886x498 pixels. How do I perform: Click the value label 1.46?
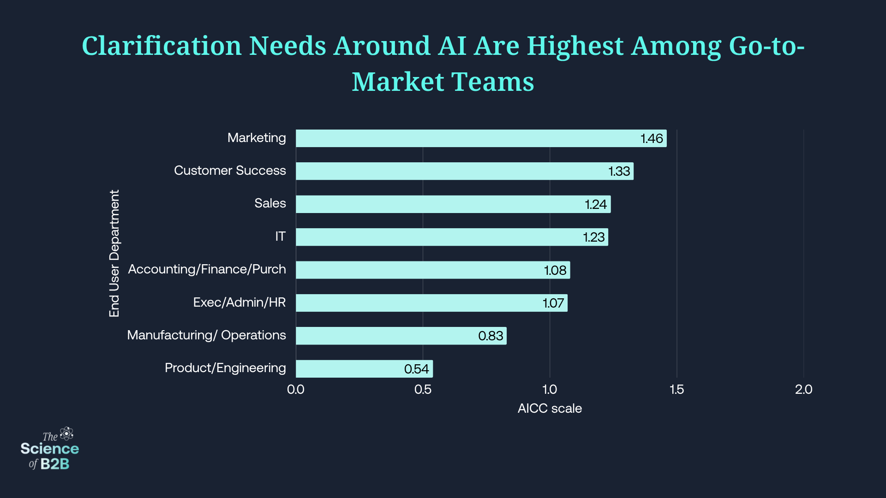tap(652, 138)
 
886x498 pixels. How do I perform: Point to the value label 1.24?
tap(596, 204)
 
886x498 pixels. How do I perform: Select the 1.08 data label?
tap(555, 270)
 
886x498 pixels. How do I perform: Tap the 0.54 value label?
tap(416, 369)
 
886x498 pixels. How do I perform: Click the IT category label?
tap(280, 237)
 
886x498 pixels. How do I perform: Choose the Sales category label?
tap(270, 203)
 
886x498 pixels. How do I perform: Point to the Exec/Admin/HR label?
tap(239, 302)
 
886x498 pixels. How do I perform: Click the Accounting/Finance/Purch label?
tap(207, 269)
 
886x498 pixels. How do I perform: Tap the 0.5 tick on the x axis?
tap(423, 390)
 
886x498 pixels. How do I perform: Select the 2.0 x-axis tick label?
tap(803, 390)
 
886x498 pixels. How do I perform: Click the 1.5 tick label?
tap(676, 390)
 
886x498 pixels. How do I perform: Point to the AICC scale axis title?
tap(550, 409)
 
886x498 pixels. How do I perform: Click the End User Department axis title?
tap(114, 253)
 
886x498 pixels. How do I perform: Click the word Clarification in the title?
tap(162, 46)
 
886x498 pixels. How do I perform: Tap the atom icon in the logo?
tap(67, 433)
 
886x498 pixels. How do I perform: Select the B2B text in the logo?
tap(55, 464)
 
